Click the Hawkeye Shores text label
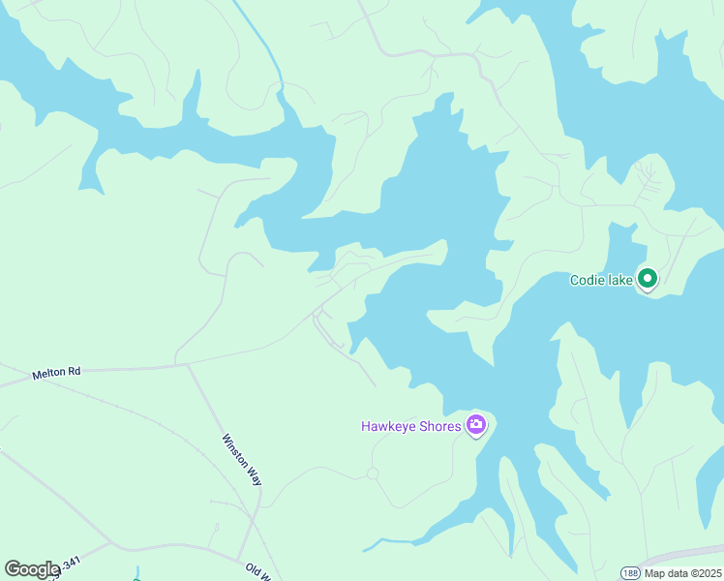pyautogui.click(x=411, y=426)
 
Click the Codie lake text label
pyautogui.click(x=601, y=280)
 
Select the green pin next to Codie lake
pyautogui.click(x=647, y=279)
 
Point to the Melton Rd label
pyautogui.click(x=56, y=372)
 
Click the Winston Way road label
pyautogui.click(x=242, y=459)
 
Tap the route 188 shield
pyautogui.click(x=630, y=572)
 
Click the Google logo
pyautogui.click(x=32, y=569)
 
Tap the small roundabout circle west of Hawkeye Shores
pyautogui.click(x=372, y=473)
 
